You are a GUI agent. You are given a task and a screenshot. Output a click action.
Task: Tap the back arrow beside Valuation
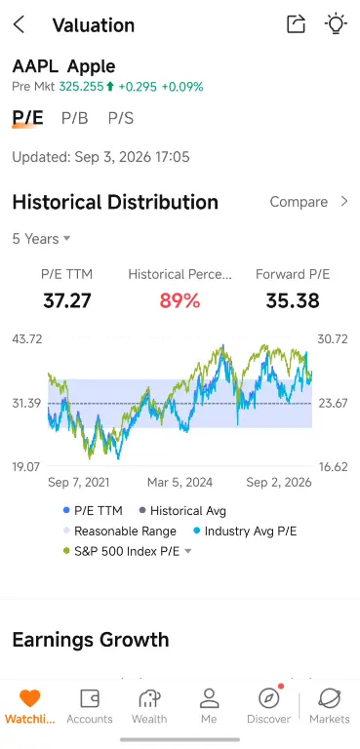(x=19, y=24)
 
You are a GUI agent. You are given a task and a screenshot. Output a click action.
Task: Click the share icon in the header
(x=296, y=23)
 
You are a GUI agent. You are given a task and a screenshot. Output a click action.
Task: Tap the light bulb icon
(x=336, y=23)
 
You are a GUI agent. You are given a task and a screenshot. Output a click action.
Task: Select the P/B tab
(x=74, y=118)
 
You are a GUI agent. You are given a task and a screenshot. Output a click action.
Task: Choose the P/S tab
(x=120, y=118)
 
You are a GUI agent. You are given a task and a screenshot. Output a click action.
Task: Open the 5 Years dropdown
(x=41, y=239)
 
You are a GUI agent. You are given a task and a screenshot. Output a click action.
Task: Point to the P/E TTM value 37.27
(x=67, y=301)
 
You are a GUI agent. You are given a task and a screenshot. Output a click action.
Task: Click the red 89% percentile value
(x=180, y=301)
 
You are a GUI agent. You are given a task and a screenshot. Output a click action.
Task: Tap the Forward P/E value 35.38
(x=293, y=301)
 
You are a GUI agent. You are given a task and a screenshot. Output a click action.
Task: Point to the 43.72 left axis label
(x=27, y=339)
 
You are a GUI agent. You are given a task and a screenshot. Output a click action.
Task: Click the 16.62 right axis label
(x=333, y=467)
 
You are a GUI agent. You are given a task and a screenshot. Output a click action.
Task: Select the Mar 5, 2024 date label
(x=180, y=483)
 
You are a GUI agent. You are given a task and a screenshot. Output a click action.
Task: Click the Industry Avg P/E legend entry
(x=245, y=532)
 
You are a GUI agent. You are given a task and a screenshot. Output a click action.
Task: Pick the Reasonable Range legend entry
(x=120, y=532)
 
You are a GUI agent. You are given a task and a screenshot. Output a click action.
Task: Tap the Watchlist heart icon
(x=29, y=698)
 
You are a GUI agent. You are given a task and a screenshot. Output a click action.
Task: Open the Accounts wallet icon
(x=90, y=698)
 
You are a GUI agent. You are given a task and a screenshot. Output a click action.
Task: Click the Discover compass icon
(x=268, y=698)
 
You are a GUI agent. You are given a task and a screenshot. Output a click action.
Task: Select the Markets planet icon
(x=330, y=698)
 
